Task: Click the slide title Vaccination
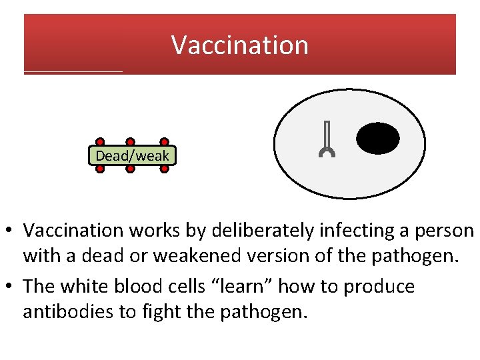coord(240,45)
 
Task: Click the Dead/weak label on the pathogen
coord(132,156)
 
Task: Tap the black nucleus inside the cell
coord(378,139)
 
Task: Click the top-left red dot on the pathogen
coord(100,142)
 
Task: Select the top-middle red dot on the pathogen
coord(131,142)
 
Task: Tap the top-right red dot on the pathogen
coord(164,142)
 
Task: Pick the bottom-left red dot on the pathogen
coord(100,169)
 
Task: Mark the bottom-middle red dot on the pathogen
coord(131,169)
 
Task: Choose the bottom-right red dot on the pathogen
coord(164,169)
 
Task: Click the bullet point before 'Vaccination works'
coord(11,231)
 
